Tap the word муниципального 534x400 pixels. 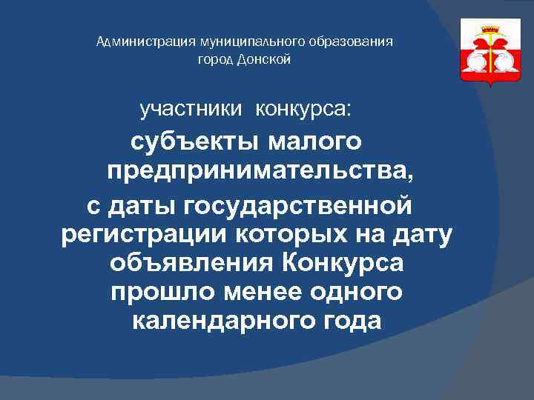point(222,41)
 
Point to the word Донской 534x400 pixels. point(265,59)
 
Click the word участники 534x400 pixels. point(191,110)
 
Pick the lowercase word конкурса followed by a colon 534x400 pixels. point(302,110)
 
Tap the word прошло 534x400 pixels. point(154,292)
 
